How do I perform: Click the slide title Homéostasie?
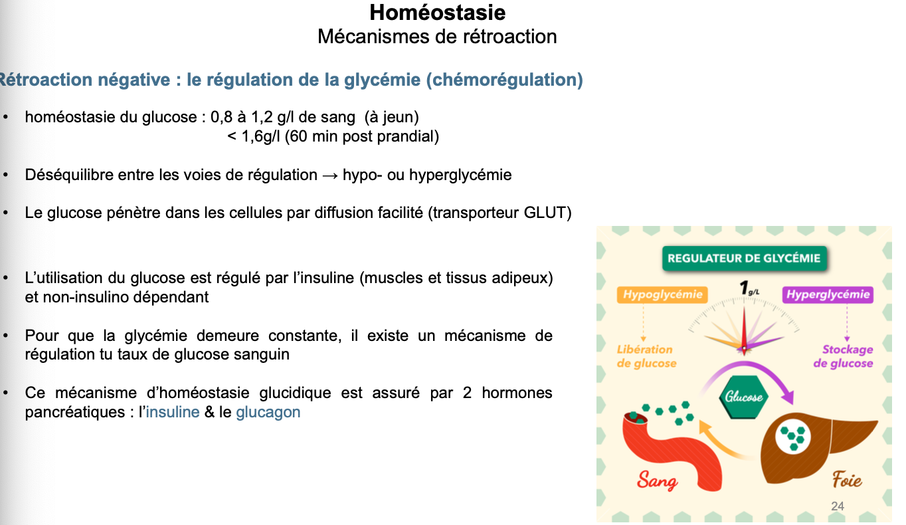tap(437, 12)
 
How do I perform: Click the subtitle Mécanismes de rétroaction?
tap(437, 36)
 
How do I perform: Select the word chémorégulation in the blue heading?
tap(503, 80)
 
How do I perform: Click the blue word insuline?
tap(173, 412)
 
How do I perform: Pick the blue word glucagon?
tap(268, 412)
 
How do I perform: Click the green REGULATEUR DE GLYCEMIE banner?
tap(744, 259)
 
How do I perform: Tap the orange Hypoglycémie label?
tap(662, 294)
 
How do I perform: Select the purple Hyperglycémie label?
tap(827, 294)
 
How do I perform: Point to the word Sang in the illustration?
tap(657, 480)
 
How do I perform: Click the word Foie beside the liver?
tap(847, 480)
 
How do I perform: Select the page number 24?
tap(838, 506)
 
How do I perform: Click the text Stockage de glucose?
tap(843, 356)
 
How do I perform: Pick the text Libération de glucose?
tap(646, 356)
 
